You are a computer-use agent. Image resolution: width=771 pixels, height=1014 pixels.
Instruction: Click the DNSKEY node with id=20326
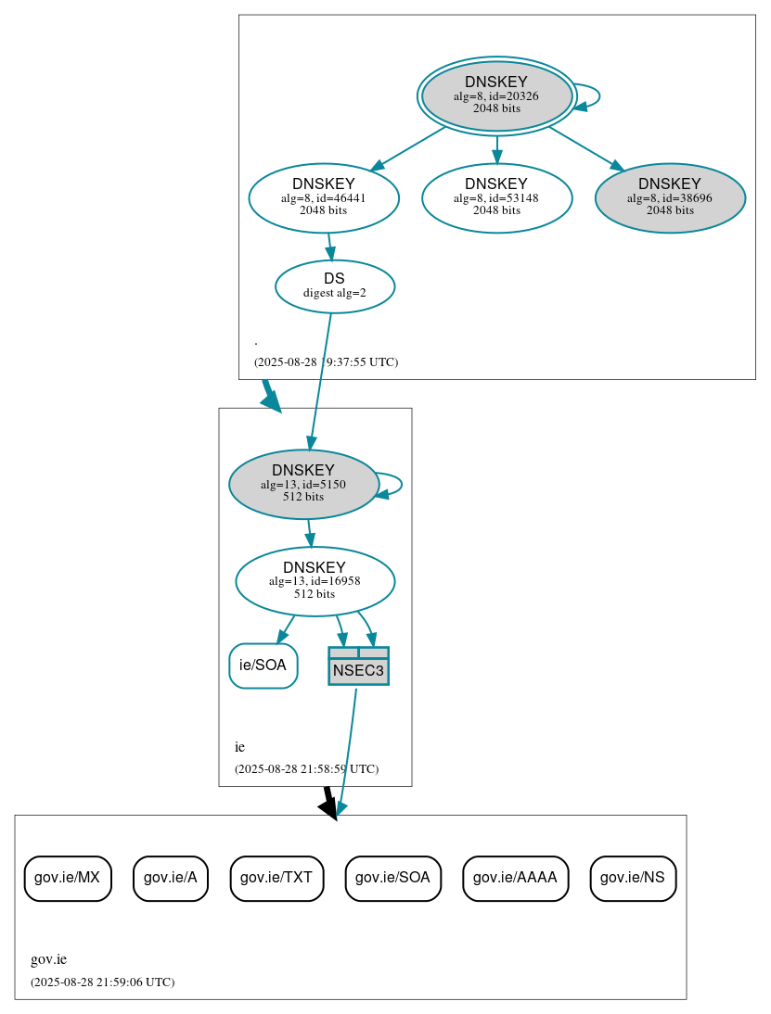click(x=496, y=95)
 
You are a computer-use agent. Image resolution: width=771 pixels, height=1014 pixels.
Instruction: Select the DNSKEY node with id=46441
click(x=324, y=197)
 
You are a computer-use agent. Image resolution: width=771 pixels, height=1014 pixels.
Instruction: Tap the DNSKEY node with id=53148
click(x=496, y=197)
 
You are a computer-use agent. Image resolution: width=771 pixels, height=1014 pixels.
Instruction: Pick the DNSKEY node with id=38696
click(x=670, y=197)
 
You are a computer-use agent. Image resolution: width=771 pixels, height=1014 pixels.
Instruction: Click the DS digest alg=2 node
click(x=335, y=286)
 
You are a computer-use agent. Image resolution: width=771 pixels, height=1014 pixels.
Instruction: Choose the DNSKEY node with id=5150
click(x=303, y=484)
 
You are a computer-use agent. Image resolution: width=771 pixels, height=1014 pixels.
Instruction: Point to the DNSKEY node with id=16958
click(x=315, y=581)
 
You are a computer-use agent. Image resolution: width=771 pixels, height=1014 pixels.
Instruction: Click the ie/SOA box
click(x=263, y=665)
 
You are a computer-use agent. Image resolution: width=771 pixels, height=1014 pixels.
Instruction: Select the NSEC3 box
click(x=358, y=666)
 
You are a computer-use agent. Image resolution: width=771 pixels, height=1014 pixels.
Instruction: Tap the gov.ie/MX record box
click(x=68, y=878)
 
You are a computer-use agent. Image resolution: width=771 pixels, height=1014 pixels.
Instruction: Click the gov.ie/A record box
click(x=171, y=878)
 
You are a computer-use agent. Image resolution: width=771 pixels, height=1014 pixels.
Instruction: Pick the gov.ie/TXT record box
click(x=276, y=878)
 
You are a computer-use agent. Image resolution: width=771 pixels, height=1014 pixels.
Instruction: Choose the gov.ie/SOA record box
click(x=392, y=878)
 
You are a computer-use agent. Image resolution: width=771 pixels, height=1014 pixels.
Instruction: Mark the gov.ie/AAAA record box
click(x=515, y=878)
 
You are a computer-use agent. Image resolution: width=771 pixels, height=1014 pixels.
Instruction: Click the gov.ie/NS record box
click(x=633, y=878)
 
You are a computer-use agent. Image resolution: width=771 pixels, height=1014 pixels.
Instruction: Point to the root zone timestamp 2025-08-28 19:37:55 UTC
click(x=326, y=361)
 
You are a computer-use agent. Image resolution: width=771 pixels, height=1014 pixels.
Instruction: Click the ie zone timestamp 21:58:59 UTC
click(x=306, y=769)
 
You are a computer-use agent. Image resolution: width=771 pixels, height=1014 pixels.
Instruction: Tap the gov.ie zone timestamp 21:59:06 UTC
click(x=102, y=982)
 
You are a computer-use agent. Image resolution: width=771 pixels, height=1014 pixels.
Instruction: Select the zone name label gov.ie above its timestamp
click(x=48, y=959)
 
